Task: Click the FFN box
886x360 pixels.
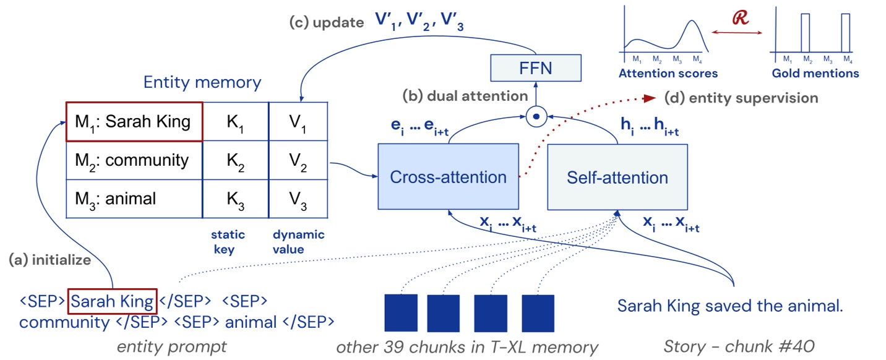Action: pos(536,68)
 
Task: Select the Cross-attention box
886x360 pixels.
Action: pos(448,178)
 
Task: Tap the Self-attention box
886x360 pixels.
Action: pos(617,178)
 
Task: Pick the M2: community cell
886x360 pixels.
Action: pos(134,161)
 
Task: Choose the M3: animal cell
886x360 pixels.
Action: pos(134,199)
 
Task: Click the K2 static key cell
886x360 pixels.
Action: pos(235,161)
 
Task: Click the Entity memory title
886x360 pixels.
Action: pos(202,82)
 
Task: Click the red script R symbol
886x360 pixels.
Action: pos(740,18)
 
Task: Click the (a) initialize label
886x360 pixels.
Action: pos(49,260)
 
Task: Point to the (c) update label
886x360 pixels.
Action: pos(327,23)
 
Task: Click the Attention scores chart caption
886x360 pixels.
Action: pos(668,74)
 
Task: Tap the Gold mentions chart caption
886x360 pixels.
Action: pos(815,74)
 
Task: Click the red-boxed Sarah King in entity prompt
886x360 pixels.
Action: pos(112,302)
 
